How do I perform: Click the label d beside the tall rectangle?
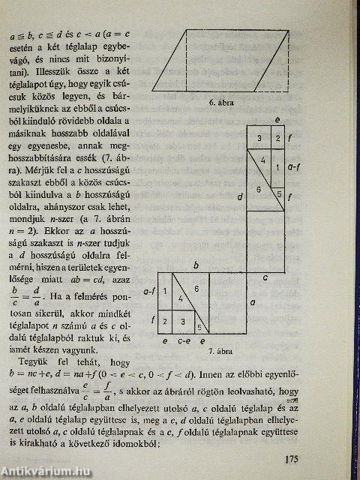(x=238, y=196)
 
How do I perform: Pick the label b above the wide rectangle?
(x=196, y=265)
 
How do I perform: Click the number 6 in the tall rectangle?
(x=259, y=189)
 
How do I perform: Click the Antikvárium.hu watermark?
(x=43, y=470)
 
